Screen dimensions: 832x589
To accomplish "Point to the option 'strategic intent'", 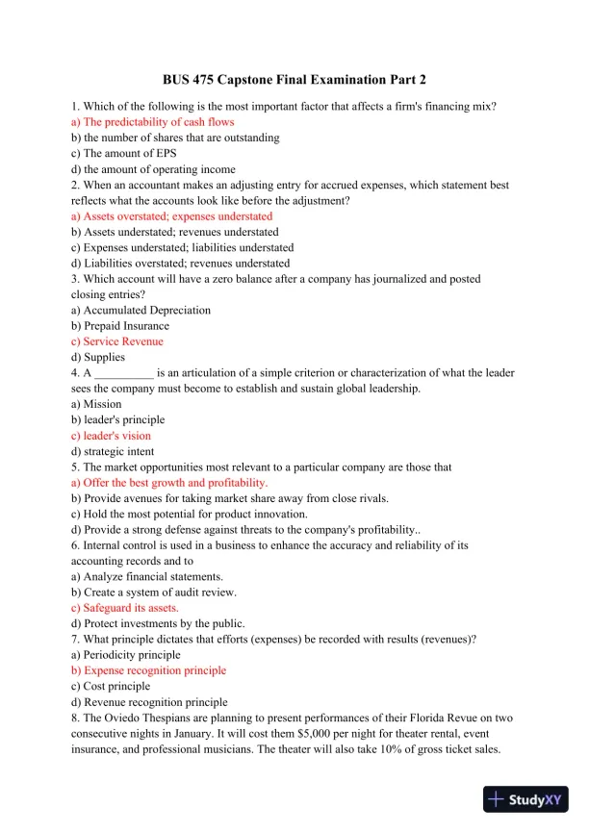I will click(118, 451).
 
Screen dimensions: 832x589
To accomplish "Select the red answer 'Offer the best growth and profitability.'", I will click(175, 483).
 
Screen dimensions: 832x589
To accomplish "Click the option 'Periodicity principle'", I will click(131, 655).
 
